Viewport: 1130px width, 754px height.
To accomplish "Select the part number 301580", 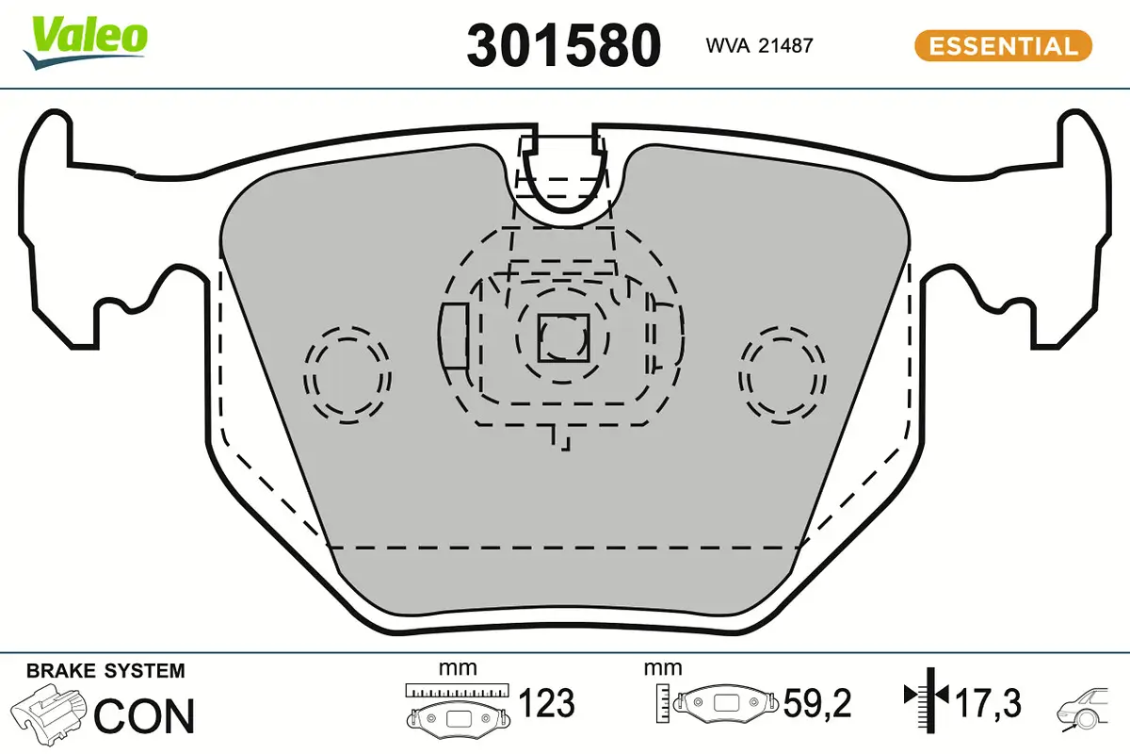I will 563,45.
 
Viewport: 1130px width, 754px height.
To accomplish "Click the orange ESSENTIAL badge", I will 1002,45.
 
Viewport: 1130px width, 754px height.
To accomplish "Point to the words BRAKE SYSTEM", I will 105,671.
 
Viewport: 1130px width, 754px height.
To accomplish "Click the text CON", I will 145,716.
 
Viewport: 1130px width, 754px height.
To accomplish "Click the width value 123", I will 547,703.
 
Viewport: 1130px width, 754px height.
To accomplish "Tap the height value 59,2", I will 816,703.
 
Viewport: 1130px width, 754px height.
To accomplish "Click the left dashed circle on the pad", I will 347,374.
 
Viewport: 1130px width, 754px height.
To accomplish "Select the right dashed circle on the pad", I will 783,374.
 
